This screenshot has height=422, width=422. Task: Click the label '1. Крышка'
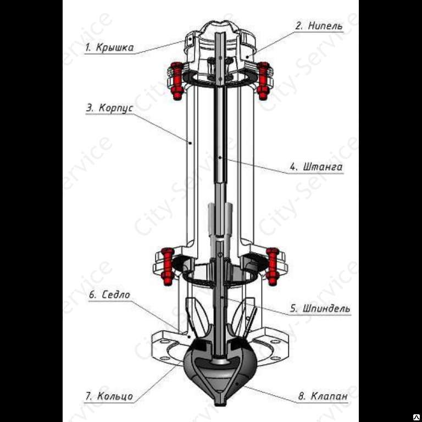[x=109, y=47]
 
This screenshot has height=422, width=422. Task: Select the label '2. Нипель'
[x=319, y=25]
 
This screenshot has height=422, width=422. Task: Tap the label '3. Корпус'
[x=110, y=108]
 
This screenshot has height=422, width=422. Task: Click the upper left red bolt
[x=176, y=81]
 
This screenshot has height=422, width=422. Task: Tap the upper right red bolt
[x=263, y=81]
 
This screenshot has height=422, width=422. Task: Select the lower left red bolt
[x=167, y=266]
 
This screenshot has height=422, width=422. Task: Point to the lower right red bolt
[x=273, y=266]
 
